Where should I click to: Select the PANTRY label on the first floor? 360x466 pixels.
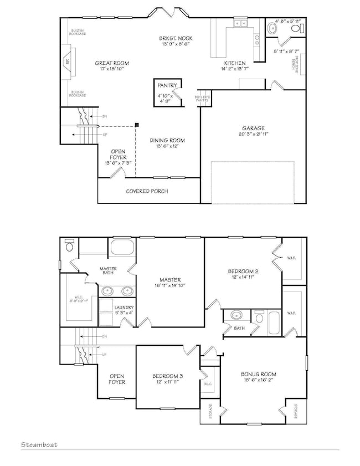click(x=167, y=85)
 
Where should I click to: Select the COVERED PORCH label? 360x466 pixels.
click(x=147, y=191)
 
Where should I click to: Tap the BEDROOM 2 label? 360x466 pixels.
click(x=244, y=272)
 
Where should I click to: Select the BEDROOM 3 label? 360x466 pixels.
click(x=168, y=377)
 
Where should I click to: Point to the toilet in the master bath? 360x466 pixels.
click(x=69, y=245)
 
